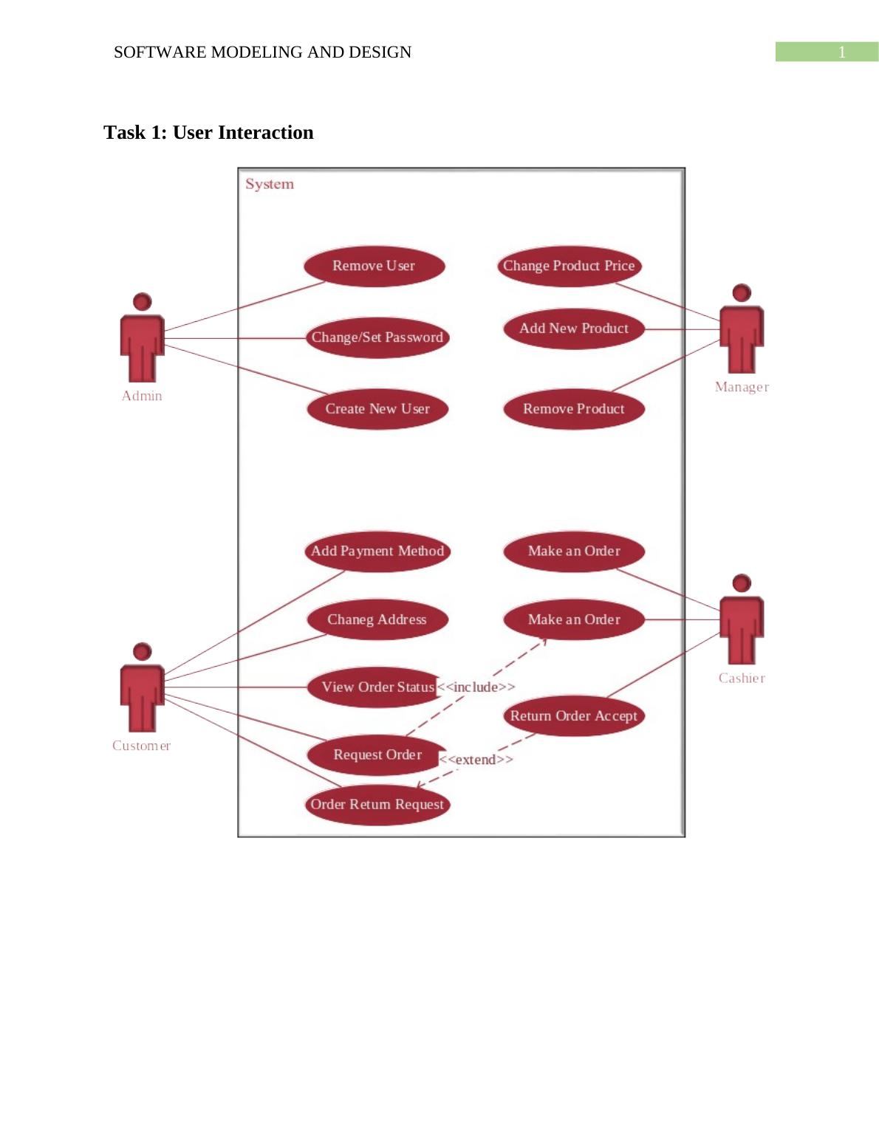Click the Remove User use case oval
click(374, 266)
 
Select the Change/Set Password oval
click(377, 337)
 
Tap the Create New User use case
click(377, 409)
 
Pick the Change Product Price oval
click(569, 266)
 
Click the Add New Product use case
click(573, 329)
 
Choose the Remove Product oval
click(573, 409)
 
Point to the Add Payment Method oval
click(377, 551)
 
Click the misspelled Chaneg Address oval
click(377, 619)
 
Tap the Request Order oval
click(377, 755)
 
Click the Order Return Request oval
click(377, 804)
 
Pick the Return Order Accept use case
click(573, 715)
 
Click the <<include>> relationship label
click(476, 687)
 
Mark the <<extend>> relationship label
click(476, 760)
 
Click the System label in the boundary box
click(270, 184)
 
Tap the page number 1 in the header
click(841, 52)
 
